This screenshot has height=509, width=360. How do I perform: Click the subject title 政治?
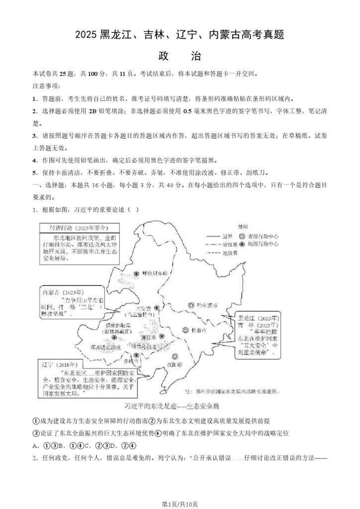coord(180,56)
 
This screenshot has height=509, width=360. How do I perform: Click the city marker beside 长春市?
coord(184,330)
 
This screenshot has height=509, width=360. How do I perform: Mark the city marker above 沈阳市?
coord(175,356)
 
